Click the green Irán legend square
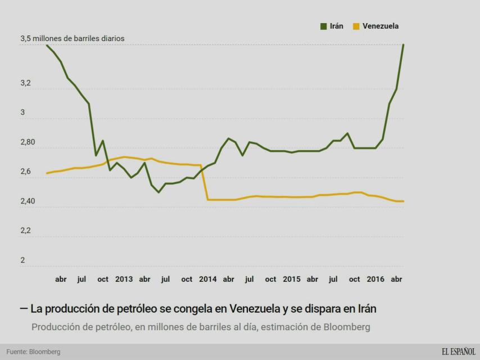tap(324, 26)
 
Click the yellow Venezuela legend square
tap(356, 26)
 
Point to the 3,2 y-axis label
tap(26, 83)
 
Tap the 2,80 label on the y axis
tap(28, 142)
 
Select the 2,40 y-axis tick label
tap(28, 201)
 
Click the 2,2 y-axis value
tap(26, 231)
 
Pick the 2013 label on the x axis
tap(124, 279)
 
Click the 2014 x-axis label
tap(207, 279)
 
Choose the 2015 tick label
tap(291, 279)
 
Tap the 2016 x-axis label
tap(375, 279)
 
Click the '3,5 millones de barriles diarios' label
tap(73, 39)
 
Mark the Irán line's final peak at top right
tap(404, 44)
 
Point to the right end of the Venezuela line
tap(404, 201)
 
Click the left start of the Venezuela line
tap(47, 173)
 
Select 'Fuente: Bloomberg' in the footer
tap(33, 352)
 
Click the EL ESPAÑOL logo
tap(458, 352)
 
